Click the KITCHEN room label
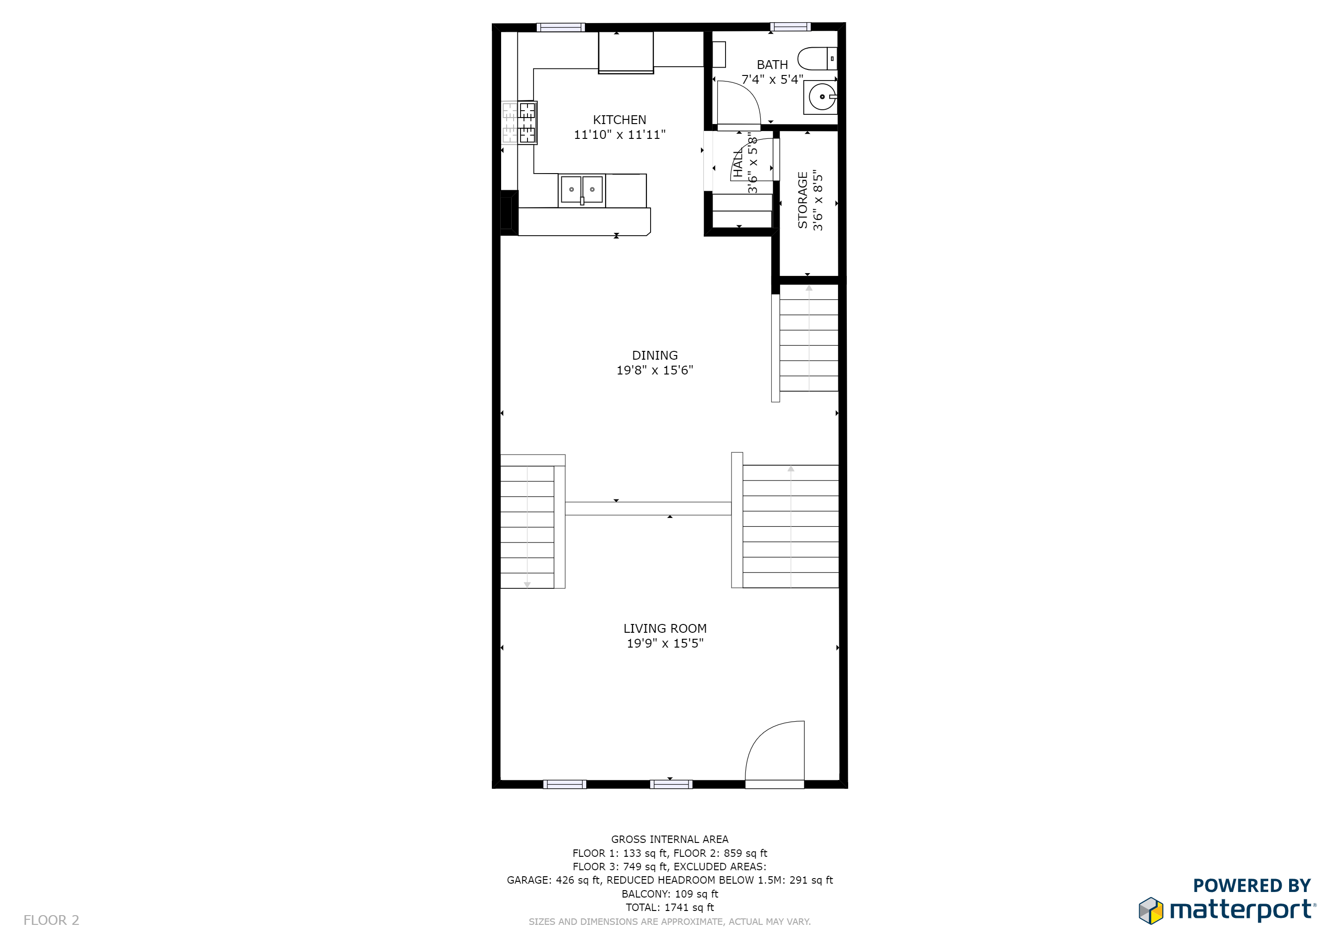click(619, 120)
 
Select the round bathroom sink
click(822, 97)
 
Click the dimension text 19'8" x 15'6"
click(654, 370)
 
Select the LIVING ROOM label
click(665, 629)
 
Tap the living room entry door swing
click(770, 750)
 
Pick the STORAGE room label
click(802, 200)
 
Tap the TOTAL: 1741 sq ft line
click(670, 908)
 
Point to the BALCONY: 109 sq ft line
click(670, 894)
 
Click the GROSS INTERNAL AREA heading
click(670, 839)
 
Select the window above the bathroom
click(790, 26)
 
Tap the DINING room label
click(655, 355)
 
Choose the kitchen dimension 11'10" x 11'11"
click(619, 135)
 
